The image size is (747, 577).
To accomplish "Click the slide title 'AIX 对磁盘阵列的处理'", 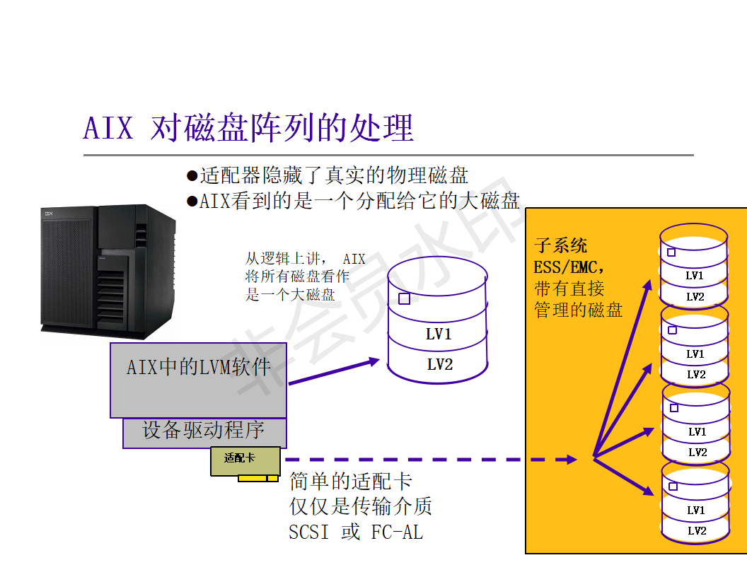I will (248, 128).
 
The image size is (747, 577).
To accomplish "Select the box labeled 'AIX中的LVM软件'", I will (198, 368).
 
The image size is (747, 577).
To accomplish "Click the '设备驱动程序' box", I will (204, 430).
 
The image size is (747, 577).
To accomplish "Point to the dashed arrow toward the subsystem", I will (432, 460).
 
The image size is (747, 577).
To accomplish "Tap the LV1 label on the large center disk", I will (439, 334).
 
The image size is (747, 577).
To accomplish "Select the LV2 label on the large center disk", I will (439, 364).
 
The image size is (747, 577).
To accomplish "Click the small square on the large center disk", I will (404, 299).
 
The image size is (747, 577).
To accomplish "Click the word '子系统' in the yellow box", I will (561, 246).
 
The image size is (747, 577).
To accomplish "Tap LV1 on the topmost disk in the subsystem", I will (695, 276).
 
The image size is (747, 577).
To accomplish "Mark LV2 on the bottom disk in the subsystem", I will (697, 530).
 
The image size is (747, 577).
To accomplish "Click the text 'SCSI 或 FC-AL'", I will (356, 532).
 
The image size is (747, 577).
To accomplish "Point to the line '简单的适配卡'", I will (351, 482).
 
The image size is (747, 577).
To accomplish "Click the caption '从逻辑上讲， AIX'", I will (305, 259).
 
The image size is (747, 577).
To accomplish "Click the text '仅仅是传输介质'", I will (361, 506).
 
